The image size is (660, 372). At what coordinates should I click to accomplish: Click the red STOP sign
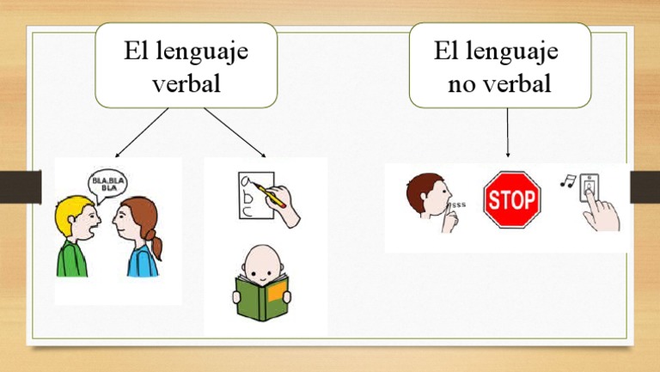point(512,200)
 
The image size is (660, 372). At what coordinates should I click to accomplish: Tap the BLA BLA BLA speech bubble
point(108,183)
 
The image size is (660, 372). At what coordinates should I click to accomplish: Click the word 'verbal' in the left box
point(186,83)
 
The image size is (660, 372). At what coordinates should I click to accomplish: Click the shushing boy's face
point(430,198)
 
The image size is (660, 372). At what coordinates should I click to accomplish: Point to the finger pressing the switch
point(594,203)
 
